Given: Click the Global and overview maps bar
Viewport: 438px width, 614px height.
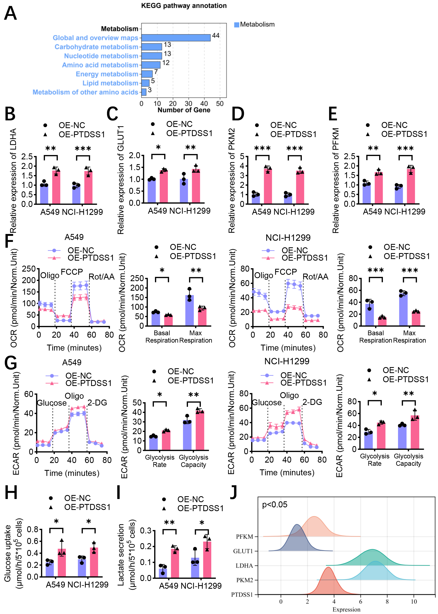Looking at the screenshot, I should [x=176, y=38].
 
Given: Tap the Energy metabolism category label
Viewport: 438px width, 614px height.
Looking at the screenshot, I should [x=107, y=74].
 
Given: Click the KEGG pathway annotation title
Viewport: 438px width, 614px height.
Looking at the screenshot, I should [x=184, y=6].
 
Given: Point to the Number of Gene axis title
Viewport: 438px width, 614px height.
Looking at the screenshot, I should [x=184, y=110].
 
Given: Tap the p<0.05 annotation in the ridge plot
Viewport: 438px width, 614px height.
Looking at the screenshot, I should [x=274, y=505].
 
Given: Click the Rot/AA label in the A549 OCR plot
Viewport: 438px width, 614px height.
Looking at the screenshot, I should [x=101, y=277].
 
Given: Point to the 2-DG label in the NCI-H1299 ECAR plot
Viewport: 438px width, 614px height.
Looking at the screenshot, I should [x=312, y=402].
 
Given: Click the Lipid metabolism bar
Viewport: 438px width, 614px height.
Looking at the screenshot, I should [x=145, y=83].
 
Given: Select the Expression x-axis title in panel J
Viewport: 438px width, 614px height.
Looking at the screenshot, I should [x=346, y=609].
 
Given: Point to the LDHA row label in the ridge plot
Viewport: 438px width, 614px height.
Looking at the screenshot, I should [x=244, y=565].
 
